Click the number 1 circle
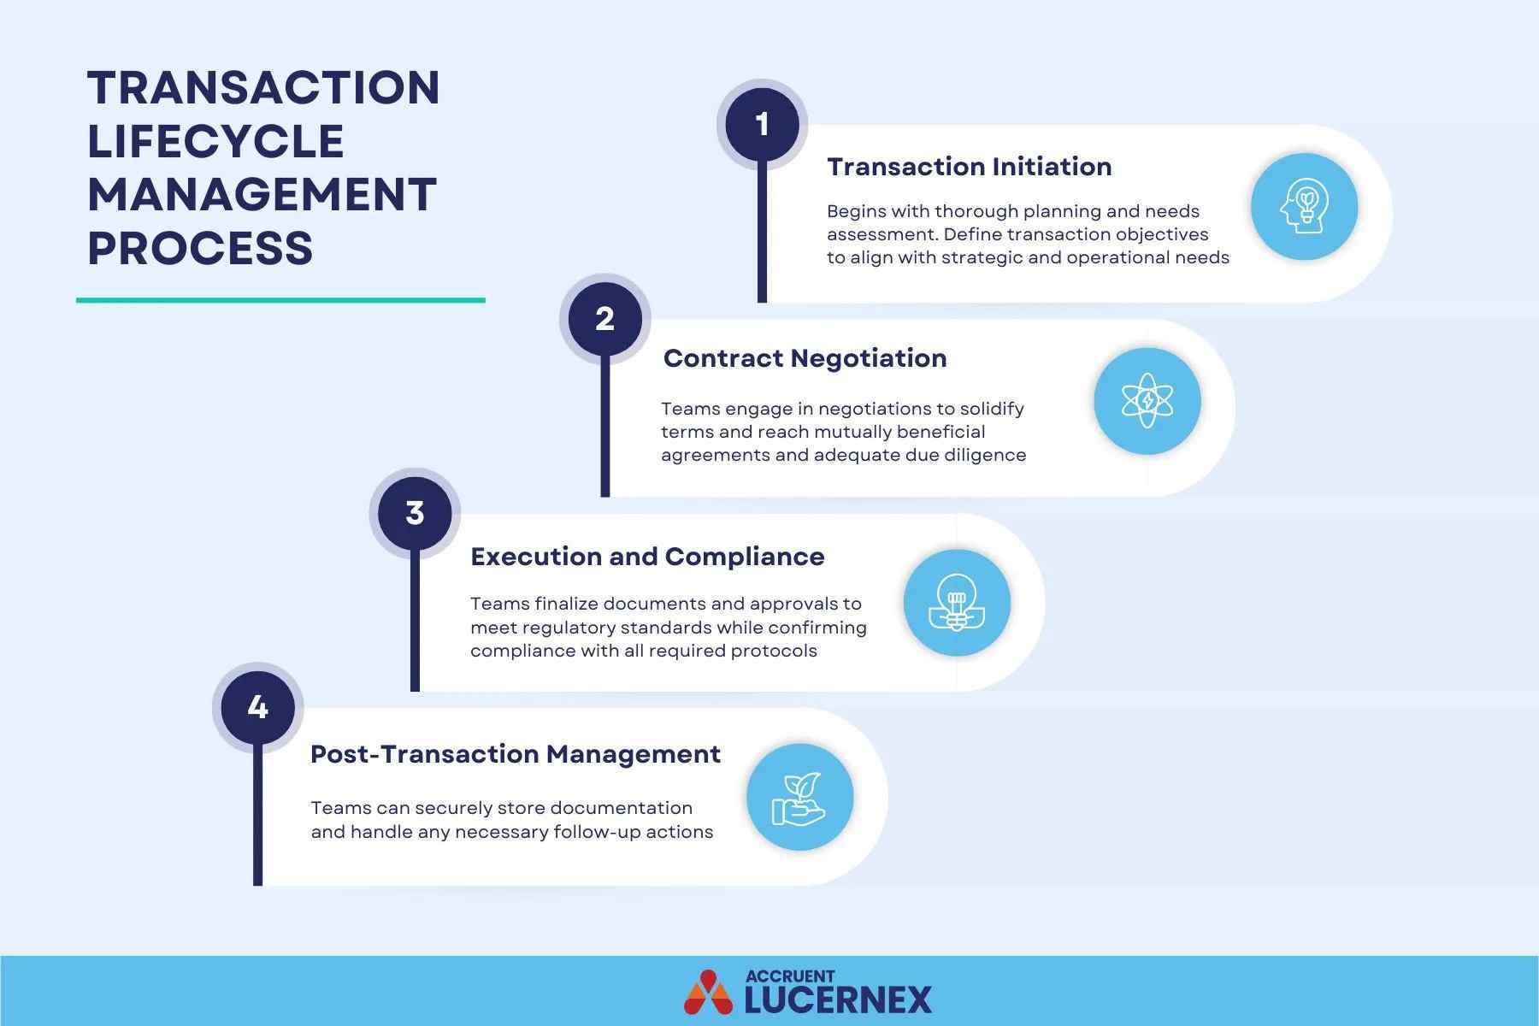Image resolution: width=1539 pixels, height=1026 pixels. click(x=762, y=125)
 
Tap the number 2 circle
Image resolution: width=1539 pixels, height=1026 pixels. click(x=604, y=319)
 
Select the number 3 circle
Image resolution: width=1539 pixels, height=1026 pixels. click(x=415, y=513)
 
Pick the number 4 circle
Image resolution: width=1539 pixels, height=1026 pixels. click(x=257, y=707)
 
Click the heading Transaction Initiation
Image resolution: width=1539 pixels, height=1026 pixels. click(x=969, y=167)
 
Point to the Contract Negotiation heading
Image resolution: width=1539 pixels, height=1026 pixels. click(x=805, y=358)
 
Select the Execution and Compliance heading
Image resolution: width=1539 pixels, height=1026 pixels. click(x=647, y=557)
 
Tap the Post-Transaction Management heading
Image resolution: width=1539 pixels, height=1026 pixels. click(x=515, y=754)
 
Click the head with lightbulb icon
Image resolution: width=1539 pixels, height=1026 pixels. click(x=1304, y=207)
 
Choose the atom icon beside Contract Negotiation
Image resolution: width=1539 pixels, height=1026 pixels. click(x=1147, y=400)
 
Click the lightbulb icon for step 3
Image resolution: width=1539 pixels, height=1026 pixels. click(x=957, y=603)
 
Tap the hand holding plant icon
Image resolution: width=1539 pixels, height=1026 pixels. click(x=799, y=798)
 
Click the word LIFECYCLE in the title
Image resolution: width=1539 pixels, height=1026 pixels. click(x=215, y=141)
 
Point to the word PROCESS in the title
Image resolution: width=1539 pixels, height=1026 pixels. click(x=200, y=248)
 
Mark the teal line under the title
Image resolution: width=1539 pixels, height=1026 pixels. click(x=280, y=300)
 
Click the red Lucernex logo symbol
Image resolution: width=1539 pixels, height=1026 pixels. click(x=708, y=992)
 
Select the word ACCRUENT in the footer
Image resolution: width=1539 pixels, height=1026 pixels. click(x=789, y=976)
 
